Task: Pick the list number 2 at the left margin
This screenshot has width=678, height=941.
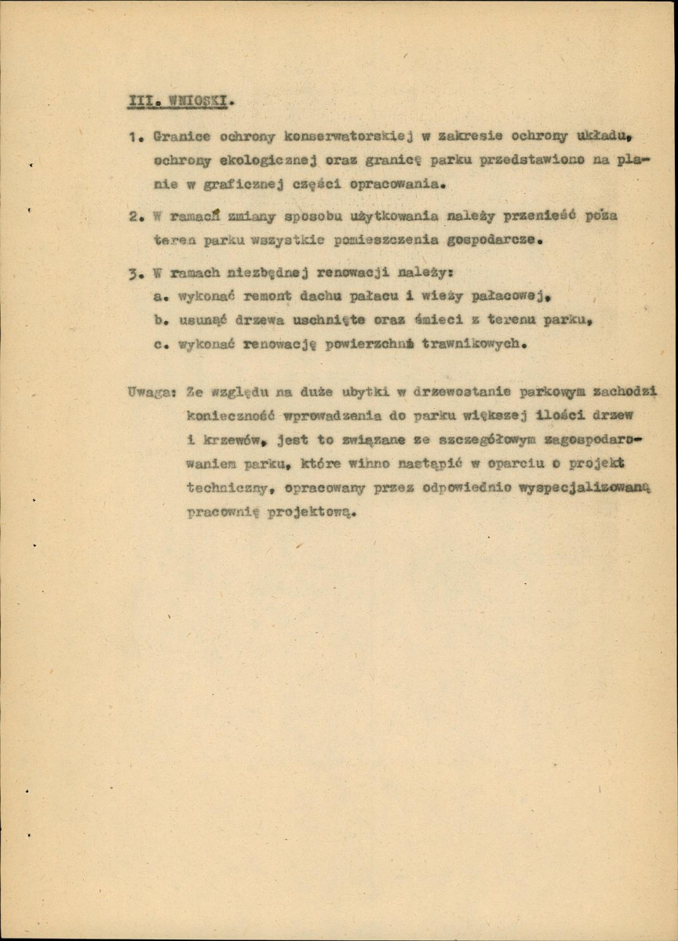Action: coord(133,216)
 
